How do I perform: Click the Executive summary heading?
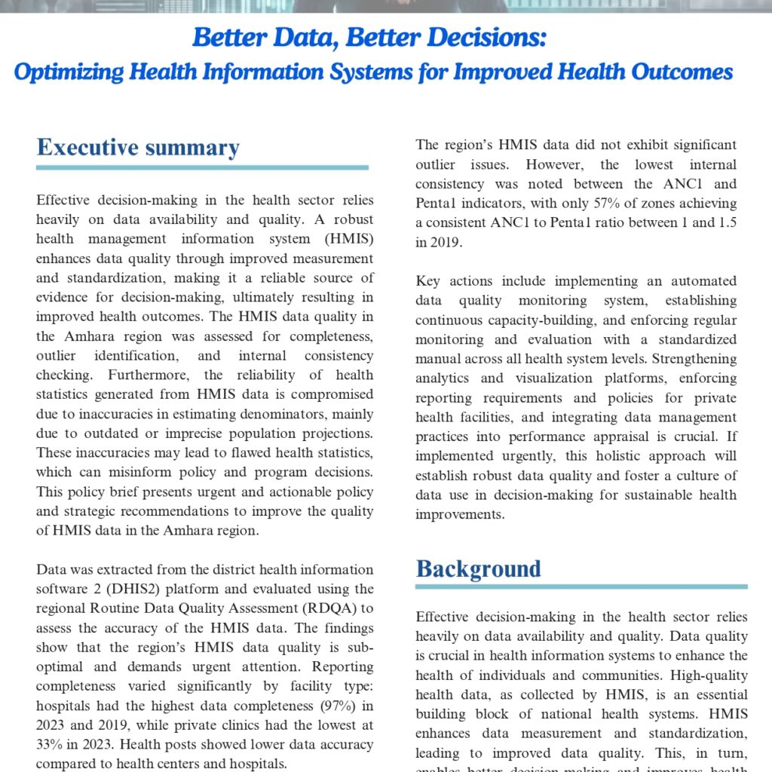(x=138, y=147)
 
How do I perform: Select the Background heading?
(x=479, y=568)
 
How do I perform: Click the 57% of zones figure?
(x=557, y=204)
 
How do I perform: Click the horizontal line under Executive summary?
(x=202, y=167)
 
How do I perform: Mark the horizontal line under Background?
(x=581, y=587)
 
